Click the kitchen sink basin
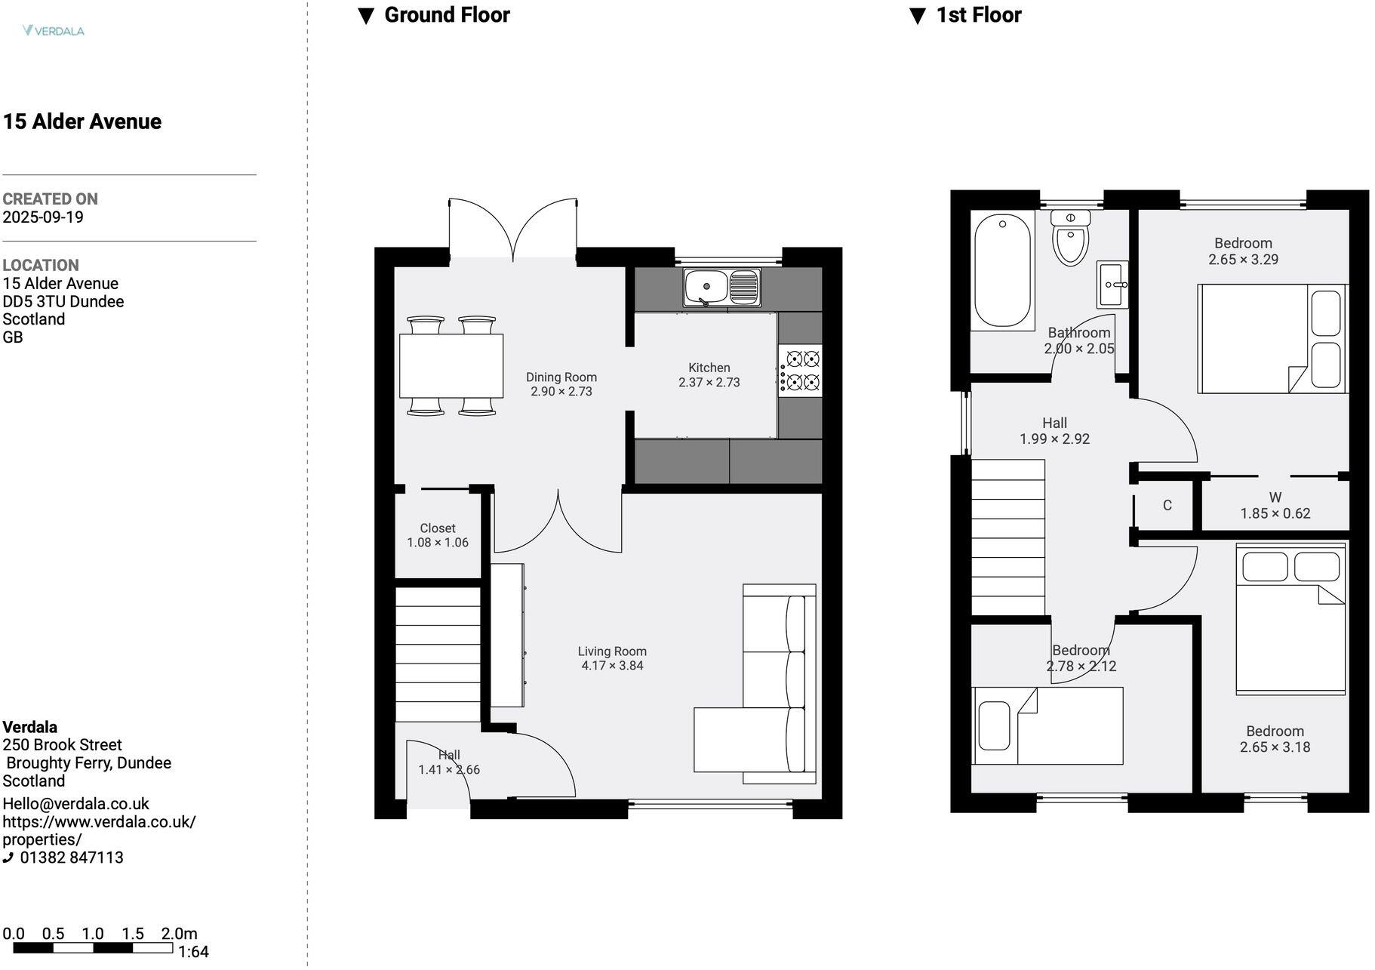pyautogui.click(x=706, y=287)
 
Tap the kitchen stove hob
pyautogui.click(x=801, y=370)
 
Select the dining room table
pyautogui.click(x=451, y=365)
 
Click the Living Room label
pyautogui.click(x=612, y=651)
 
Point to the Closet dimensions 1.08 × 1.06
pyautogui.click(x=438, y=543)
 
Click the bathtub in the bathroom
pyautogui.click(x=1002, y=270)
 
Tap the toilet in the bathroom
pyautogui.click(x=1070, y=238)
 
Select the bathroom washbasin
pyautogui.click(x=1112, y=285)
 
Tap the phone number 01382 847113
pyautogui.click(x=71, y=858)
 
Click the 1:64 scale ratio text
pyautogui.click(x=193, y=952)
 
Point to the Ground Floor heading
pyautogui.click(x=447, y=15)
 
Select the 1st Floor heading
pyautogui.click(x=978, y=15)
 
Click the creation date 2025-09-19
pyautogui.click(x=43, y=217)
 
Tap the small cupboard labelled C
pyautogui.click(x=1167, y=505)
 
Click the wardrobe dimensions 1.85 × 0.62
pyautogui.click(x=1275, y=513)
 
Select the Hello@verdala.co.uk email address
pyautogui.click(x=75, y=804)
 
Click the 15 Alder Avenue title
pyautogui.click(x=82, y=122)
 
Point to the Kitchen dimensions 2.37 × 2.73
pyautogui.click(x=709, y=383)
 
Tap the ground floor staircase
pyautogui.click(x=438, y=654)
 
